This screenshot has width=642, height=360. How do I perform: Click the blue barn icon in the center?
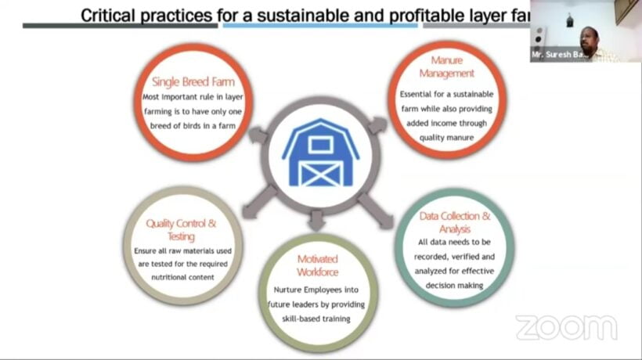320,153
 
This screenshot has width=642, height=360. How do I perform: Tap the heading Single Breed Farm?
193,82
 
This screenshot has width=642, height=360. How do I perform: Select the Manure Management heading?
447,67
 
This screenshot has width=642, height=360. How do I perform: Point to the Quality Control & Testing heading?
181,230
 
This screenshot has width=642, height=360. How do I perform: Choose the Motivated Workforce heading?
318,265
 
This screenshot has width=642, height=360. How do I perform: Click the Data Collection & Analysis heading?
454,222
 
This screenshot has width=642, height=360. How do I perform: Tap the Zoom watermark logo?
566,327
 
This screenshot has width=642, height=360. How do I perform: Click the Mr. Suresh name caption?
557,55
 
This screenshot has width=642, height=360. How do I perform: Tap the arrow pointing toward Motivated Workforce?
316,219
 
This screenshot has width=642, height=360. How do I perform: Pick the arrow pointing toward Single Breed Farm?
259,135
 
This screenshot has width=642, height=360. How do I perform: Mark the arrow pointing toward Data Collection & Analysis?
377,211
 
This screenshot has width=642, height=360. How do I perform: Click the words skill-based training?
316,319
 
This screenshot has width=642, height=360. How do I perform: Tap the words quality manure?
446,138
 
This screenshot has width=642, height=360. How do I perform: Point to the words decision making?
454,286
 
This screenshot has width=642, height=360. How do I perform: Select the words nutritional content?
182,277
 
